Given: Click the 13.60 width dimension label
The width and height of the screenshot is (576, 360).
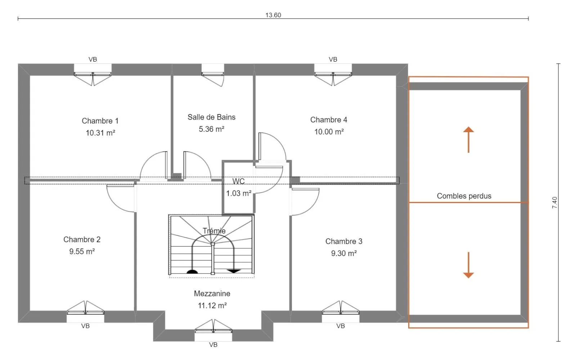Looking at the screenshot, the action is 273,15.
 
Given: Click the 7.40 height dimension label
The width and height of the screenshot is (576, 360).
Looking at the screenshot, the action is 555,203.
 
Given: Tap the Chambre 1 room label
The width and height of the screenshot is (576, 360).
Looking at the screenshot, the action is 100,121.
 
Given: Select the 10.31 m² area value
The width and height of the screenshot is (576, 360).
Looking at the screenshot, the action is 100,133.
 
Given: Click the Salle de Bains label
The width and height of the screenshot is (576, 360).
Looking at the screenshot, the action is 211,117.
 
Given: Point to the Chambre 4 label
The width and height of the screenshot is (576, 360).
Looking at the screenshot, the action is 329,120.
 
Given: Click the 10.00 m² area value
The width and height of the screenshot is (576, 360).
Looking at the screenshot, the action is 329,132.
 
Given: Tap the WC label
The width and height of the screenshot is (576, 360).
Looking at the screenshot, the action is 238,181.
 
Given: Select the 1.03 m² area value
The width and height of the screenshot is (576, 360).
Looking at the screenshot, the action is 239,193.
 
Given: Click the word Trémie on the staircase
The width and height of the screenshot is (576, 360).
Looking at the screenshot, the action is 214,231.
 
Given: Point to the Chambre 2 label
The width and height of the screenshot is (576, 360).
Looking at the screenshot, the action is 82,239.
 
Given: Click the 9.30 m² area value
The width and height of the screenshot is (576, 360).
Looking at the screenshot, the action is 344,253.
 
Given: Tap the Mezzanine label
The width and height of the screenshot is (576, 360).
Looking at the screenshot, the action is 212,294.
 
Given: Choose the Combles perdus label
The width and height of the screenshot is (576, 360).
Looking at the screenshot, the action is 464,196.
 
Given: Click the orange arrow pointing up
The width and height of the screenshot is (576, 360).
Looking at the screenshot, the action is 468,140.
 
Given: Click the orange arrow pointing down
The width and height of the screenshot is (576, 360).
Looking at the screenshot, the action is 468,265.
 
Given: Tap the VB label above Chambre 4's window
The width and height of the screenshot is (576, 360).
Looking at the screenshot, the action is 333,59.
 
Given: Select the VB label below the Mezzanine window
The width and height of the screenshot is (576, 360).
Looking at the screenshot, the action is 213,345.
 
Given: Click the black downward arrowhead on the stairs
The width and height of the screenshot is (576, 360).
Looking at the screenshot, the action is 234,271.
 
